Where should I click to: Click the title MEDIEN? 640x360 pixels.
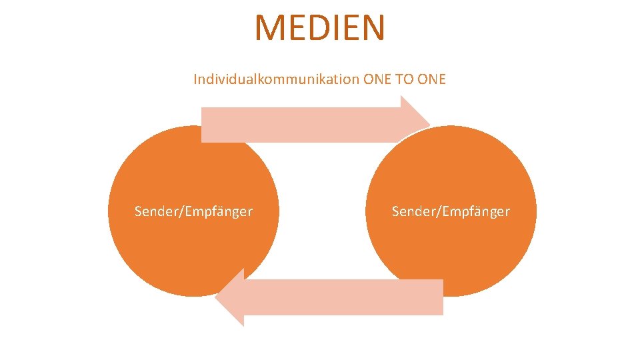point(320,28)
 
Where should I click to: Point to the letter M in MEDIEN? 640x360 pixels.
point(270,28)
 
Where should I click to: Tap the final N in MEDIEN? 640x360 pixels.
point(373,28)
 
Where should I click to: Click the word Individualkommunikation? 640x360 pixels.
point(276,79)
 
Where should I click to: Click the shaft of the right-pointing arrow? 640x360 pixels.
point(300,125)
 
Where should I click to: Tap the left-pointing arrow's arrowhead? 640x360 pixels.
point(231,297)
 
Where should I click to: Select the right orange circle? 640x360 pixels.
point(451,247)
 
